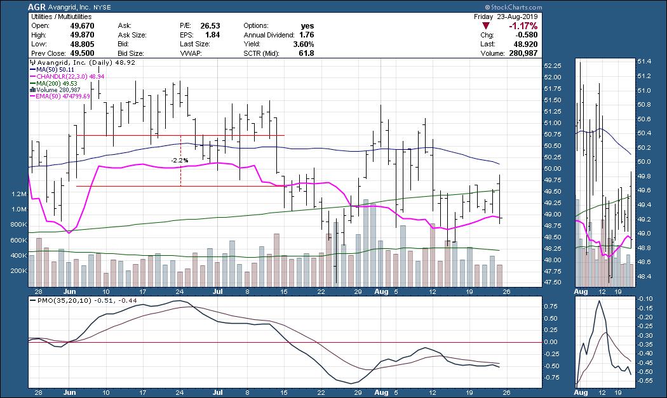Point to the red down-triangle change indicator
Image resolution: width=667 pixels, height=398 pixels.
(x=486, y=26)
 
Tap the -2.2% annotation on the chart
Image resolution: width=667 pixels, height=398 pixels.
(x=180, y=161)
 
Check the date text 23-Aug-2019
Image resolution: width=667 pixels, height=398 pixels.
(x=518, y=16)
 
